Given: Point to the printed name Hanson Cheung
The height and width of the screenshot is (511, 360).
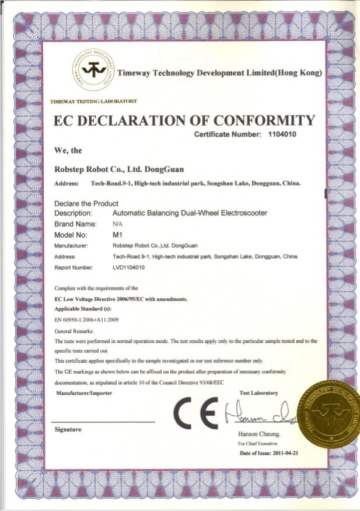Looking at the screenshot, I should click(260, 434).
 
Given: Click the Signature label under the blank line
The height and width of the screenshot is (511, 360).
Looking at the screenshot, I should click(67, 429).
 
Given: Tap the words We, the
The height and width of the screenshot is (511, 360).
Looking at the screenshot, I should click(68, 150).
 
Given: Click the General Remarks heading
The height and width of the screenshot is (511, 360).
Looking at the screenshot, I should click(75, 331).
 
